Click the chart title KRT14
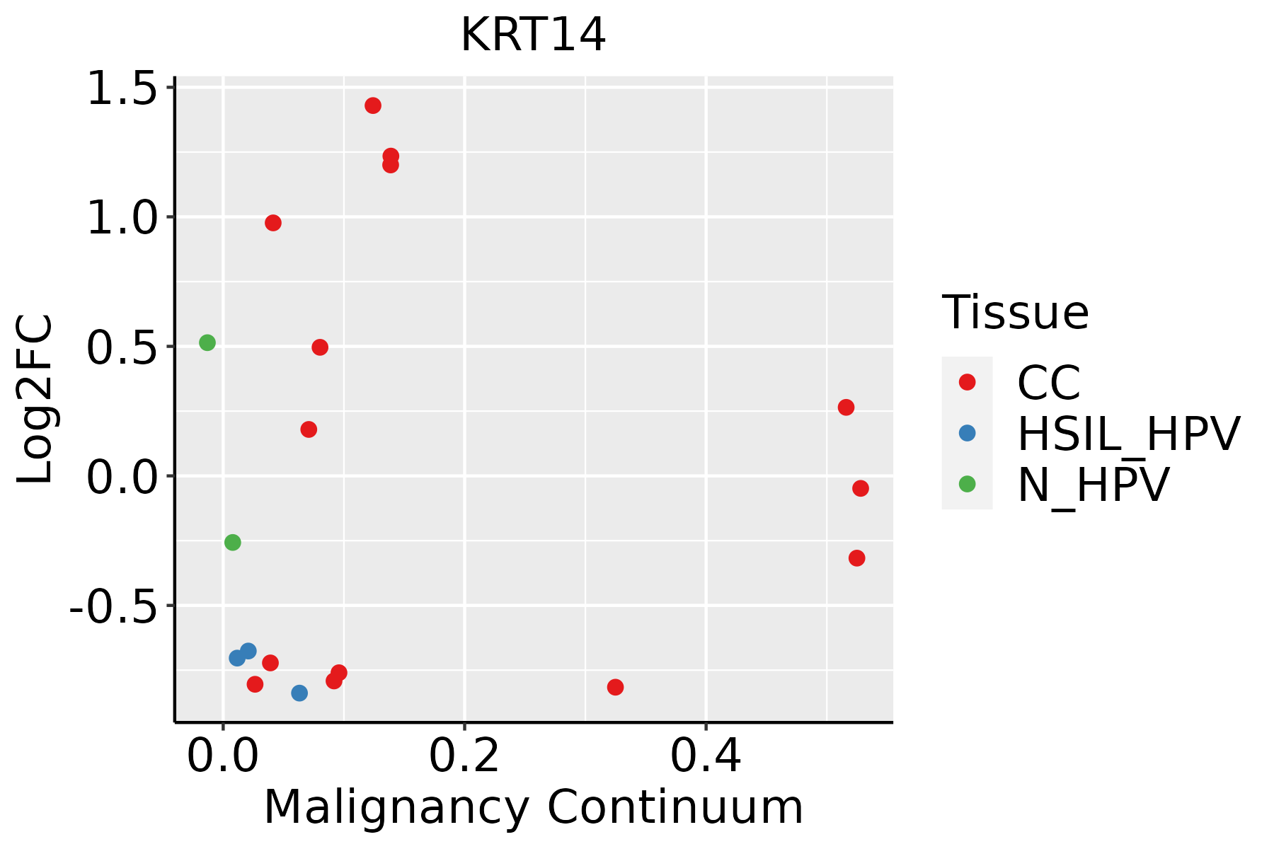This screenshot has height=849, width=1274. pos(533,35)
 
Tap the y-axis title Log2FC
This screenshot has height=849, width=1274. pos(35,400)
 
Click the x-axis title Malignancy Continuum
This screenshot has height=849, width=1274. pos(533,807)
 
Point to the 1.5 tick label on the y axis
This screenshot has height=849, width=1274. pos(121,90)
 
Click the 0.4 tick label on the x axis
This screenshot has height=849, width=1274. pos(706,756)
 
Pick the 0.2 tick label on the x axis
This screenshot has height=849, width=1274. pos(464,756)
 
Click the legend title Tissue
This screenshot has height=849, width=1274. pos(1015,313)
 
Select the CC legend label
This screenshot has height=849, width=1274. pos(1049,383)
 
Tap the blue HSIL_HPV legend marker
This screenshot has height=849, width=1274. pos(967,433)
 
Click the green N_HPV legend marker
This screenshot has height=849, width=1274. pos(967,484)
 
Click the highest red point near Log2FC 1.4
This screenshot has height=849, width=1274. pos(373,105)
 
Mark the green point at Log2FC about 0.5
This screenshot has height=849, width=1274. pos(207,342)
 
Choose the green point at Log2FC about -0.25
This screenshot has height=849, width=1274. pos(232,542)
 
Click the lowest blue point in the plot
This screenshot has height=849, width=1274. pos(299,693)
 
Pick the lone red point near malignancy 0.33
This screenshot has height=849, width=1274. pos(615,687)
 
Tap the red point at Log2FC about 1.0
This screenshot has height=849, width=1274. pos(273,223)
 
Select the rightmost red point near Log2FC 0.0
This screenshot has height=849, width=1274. pos(861,488)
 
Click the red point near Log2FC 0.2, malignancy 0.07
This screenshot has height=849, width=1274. pos(309,429)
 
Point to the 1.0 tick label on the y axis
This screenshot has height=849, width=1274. pos(121,219)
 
